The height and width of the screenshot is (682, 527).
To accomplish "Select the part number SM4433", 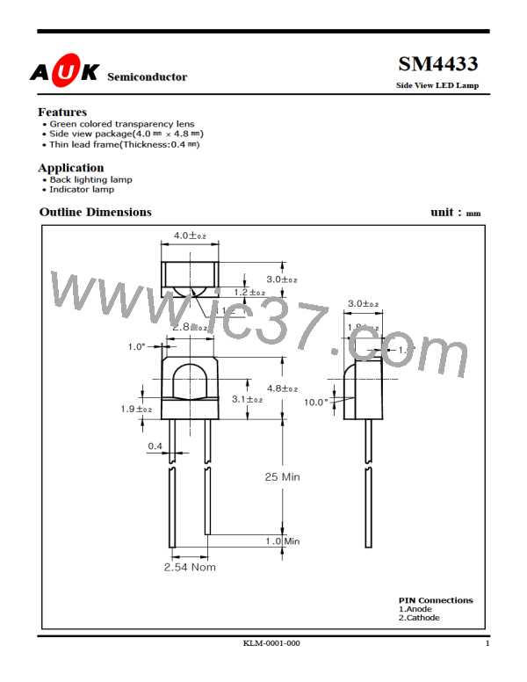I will tap(438, 65).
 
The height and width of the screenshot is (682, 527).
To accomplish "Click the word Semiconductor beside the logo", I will tap(147, 77).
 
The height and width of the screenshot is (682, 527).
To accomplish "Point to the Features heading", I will tap(62, 112).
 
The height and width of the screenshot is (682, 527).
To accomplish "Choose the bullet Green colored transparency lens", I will tap(122, 124).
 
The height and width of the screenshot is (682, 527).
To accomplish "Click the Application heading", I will tap(71, 167).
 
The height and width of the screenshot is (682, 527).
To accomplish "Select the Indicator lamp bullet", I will tap(82, 189).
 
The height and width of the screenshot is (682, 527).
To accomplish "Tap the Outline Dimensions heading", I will tap(96, 213).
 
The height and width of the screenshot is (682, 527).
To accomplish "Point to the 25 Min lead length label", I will tap(282, 476).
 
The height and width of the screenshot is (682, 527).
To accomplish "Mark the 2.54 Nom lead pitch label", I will tap(190, 567).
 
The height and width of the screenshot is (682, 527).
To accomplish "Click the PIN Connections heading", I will tap(435, 600).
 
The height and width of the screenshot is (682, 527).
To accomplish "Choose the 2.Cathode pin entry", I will tap(419, 618).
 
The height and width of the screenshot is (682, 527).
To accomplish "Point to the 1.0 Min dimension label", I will tap(283, 541).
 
